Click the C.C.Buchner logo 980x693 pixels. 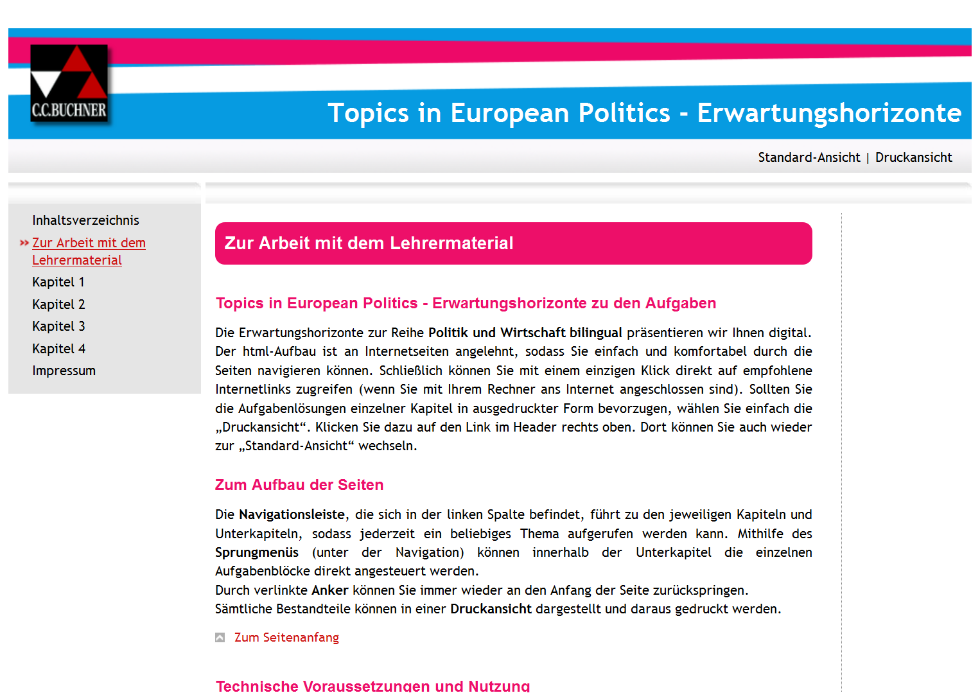click(69, 83)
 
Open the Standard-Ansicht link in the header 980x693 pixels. click(809, 157)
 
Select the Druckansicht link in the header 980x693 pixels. click(913, 157)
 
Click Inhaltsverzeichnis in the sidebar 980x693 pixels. click(85, 220)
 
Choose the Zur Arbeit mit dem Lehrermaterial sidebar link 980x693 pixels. click(89, 251)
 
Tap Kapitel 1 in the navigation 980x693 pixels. click(58, 282)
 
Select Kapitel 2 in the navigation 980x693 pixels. click(58, 304)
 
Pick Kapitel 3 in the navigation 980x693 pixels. click(58, 326)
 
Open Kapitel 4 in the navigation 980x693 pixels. click(58, 349)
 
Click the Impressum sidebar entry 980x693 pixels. click(64, 371)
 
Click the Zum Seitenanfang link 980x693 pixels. click(286, 637)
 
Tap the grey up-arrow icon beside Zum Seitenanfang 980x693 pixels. click(220, 637)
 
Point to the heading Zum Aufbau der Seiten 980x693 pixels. click(299, 485)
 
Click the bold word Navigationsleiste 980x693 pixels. click(292, 514)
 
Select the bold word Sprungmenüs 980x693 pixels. click(257, 552)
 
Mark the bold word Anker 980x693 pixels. click(330, 590)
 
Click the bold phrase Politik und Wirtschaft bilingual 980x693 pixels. click(525, 333)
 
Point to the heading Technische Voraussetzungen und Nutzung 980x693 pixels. click(372, 685)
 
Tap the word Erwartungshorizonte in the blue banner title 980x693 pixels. click(829, 113)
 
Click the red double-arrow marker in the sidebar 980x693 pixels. click(24, 243)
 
